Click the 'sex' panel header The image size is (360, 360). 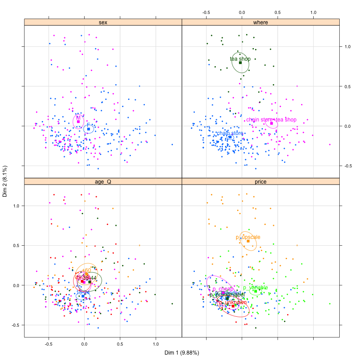coord(103,22)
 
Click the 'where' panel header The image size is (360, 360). coord(261,22)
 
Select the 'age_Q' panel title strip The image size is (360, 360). coord(103,181)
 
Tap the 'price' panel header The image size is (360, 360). coord(261,181)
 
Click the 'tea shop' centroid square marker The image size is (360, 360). coord(240,63)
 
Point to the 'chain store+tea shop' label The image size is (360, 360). coord(271,120)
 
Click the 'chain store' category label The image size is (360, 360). coord(230,133)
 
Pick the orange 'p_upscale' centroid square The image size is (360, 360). coord(248,241)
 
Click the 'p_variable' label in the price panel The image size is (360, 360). coord(255,288)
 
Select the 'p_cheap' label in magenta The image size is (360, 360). coord(223,289)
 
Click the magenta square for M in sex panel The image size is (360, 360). coord(78,121)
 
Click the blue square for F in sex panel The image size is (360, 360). coord(89,129)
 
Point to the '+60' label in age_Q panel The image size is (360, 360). coord(86,270)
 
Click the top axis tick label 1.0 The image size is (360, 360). coord(314,12)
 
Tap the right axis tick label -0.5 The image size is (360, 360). coord(346,166)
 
